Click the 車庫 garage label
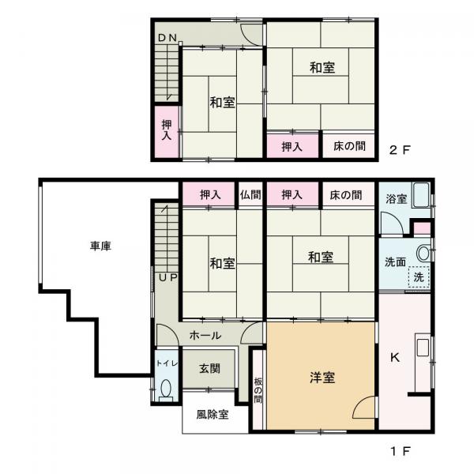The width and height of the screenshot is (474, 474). click(100, 246)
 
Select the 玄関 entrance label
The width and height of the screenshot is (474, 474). click(209, 368)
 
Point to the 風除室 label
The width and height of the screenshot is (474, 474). click(213, 415)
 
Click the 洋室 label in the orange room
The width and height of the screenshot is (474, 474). click(322, 378)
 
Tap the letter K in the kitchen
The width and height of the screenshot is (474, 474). click(395, 358)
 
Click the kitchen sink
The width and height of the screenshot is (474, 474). click(423, 348)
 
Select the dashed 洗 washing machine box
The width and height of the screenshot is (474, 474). click(419, 277)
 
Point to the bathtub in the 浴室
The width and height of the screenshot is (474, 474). click(421, 195)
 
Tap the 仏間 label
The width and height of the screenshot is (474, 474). click(250, 195)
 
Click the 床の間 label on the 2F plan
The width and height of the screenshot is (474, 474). click(349, 146)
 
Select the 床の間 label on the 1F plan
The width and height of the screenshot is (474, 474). click(345, 195)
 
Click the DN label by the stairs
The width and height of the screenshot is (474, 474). click(167, 38)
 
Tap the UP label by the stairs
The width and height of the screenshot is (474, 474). click(168, 277)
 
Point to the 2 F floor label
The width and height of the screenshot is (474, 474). click(400, 149)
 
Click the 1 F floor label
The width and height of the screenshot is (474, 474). click(400, 452)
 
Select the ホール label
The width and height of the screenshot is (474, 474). click(205, 335)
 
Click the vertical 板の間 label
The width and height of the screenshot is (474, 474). click(258, 390)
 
